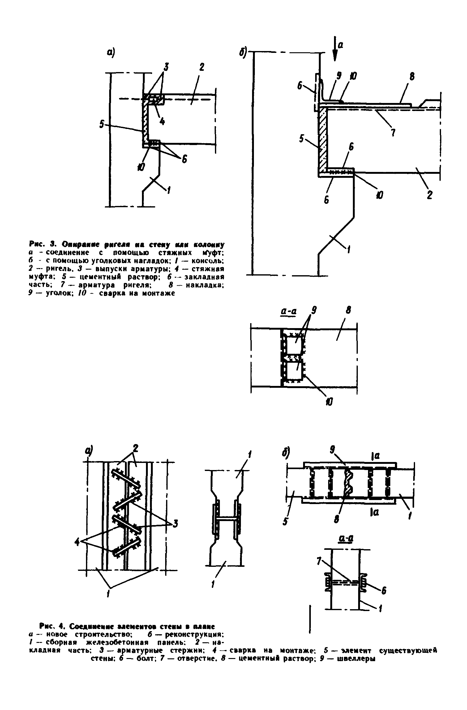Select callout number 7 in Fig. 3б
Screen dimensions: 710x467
[393, 132]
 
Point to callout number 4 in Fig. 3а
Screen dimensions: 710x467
[162, 122]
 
